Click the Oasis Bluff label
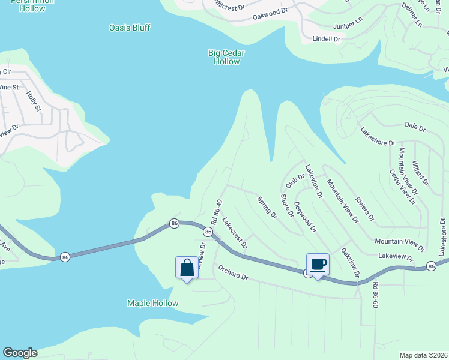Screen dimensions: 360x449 (130, 28)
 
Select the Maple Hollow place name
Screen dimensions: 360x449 (152, 303)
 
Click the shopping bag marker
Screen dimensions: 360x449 (187, 268)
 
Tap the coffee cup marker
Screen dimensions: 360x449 (318, 265)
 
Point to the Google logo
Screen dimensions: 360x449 (20, 353)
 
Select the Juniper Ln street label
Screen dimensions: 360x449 (349, 26)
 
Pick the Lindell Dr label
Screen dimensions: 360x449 (327, 39)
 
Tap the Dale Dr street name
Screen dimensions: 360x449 (415, 127)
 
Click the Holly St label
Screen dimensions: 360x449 (34, 101)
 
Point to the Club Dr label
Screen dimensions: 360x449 (295, 178)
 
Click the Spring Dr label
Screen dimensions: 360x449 (267, 207)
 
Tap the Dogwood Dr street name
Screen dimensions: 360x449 (306, 215)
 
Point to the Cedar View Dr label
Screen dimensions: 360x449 (403, 187)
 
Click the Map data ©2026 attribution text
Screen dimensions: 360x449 (423, 355)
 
